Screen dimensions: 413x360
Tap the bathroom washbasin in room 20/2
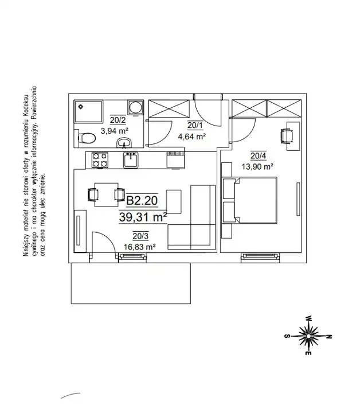click(124, 143)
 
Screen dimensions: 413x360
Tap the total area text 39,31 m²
click(143, 217)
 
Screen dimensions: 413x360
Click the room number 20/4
click(257, 155)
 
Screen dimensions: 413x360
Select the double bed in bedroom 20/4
click(251, 206)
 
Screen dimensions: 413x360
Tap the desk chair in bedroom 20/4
click(286, 135)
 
